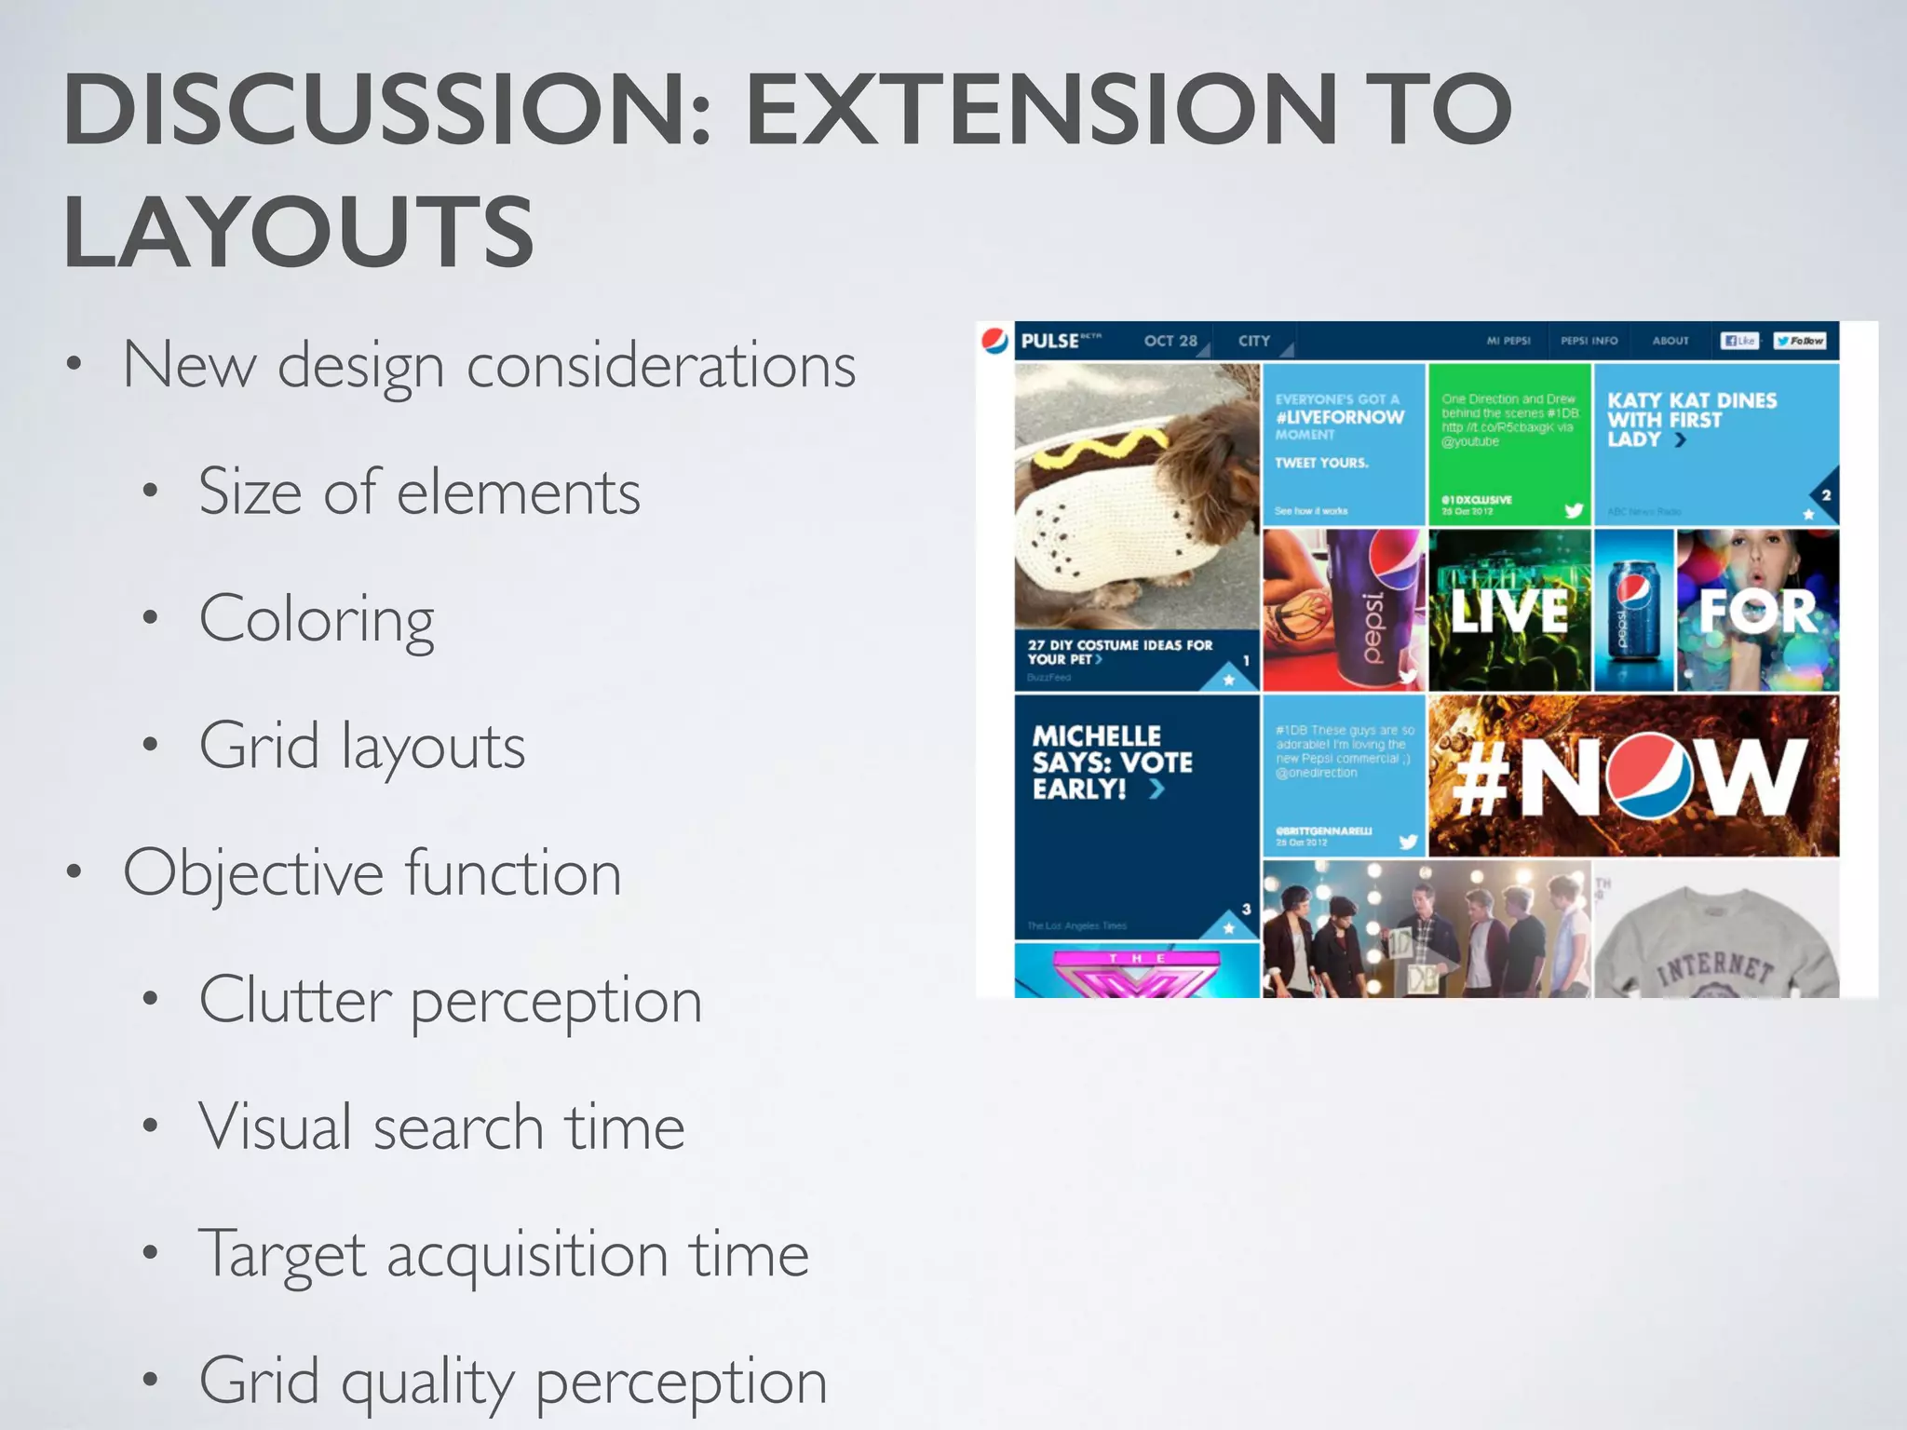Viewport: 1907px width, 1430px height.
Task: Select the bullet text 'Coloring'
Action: pos(317,619)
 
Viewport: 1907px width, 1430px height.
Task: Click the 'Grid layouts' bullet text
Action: pos(362,746)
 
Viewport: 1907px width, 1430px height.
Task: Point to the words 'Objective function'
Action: pos(372,873)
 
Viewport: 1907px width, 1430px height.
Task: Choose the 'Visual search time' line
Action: pos(442,1127)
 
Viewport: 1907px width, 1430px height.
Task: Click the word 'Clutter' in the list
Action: pos(295,1001)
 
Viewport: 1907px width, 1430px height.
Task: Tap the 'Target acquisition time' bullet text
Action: pos(504,1254)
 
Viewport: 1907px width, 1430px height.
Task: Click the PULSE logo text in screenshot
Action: pos(1050,341)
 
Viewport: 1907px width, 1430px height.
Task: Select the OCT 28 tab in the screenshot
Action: pos(1170,341)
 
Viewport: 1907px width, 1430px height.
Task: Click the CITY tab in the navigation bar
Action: pos(1254,341)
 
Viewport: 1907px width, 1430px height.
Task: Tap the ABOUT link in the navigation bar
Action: pos(1670,341)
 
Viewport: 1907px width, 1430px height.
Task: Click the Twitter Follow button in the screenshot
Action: pos(1799,341)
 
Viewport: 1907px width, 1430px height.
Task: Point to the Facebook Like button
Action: pos(1738,341)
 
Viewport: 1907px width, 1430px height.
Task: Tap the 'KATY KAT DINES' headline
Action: pos(1692,419)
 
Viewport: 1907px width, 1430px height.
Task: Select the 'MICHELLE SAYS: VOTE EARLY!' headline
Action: pos(1112,762)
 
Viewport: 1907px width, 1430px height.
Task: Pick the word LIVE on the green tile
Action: pos(1508,612)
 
